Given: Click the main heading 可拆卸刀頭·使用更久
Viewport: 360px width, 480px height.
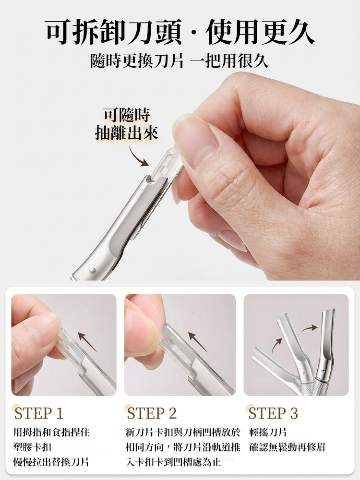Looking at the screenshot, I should [180, 33].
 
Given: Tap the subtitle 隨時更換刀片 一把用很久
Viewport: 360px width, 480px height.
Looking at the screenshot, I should [180, 61].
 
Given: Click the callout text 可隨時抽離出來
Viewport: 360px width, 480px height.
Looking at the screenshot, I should [127, 124].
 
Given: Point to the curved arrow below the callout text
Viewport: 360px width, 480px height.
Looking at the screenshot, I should [139, 156].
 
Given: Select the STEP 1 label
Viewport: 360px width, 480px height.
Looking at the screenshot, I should [39, 413].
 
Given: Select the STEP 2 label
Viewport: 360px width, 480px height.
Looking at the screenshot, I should [152, 413].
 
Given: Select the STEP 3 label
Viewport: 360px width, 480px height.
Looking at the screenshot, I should [273, 413].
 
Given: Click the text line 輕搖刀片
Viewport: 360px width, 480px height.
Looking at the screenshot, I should [268, 432].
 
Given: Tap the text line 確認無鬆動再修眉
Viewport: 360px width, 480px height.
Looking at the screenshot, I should [288, 447].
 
